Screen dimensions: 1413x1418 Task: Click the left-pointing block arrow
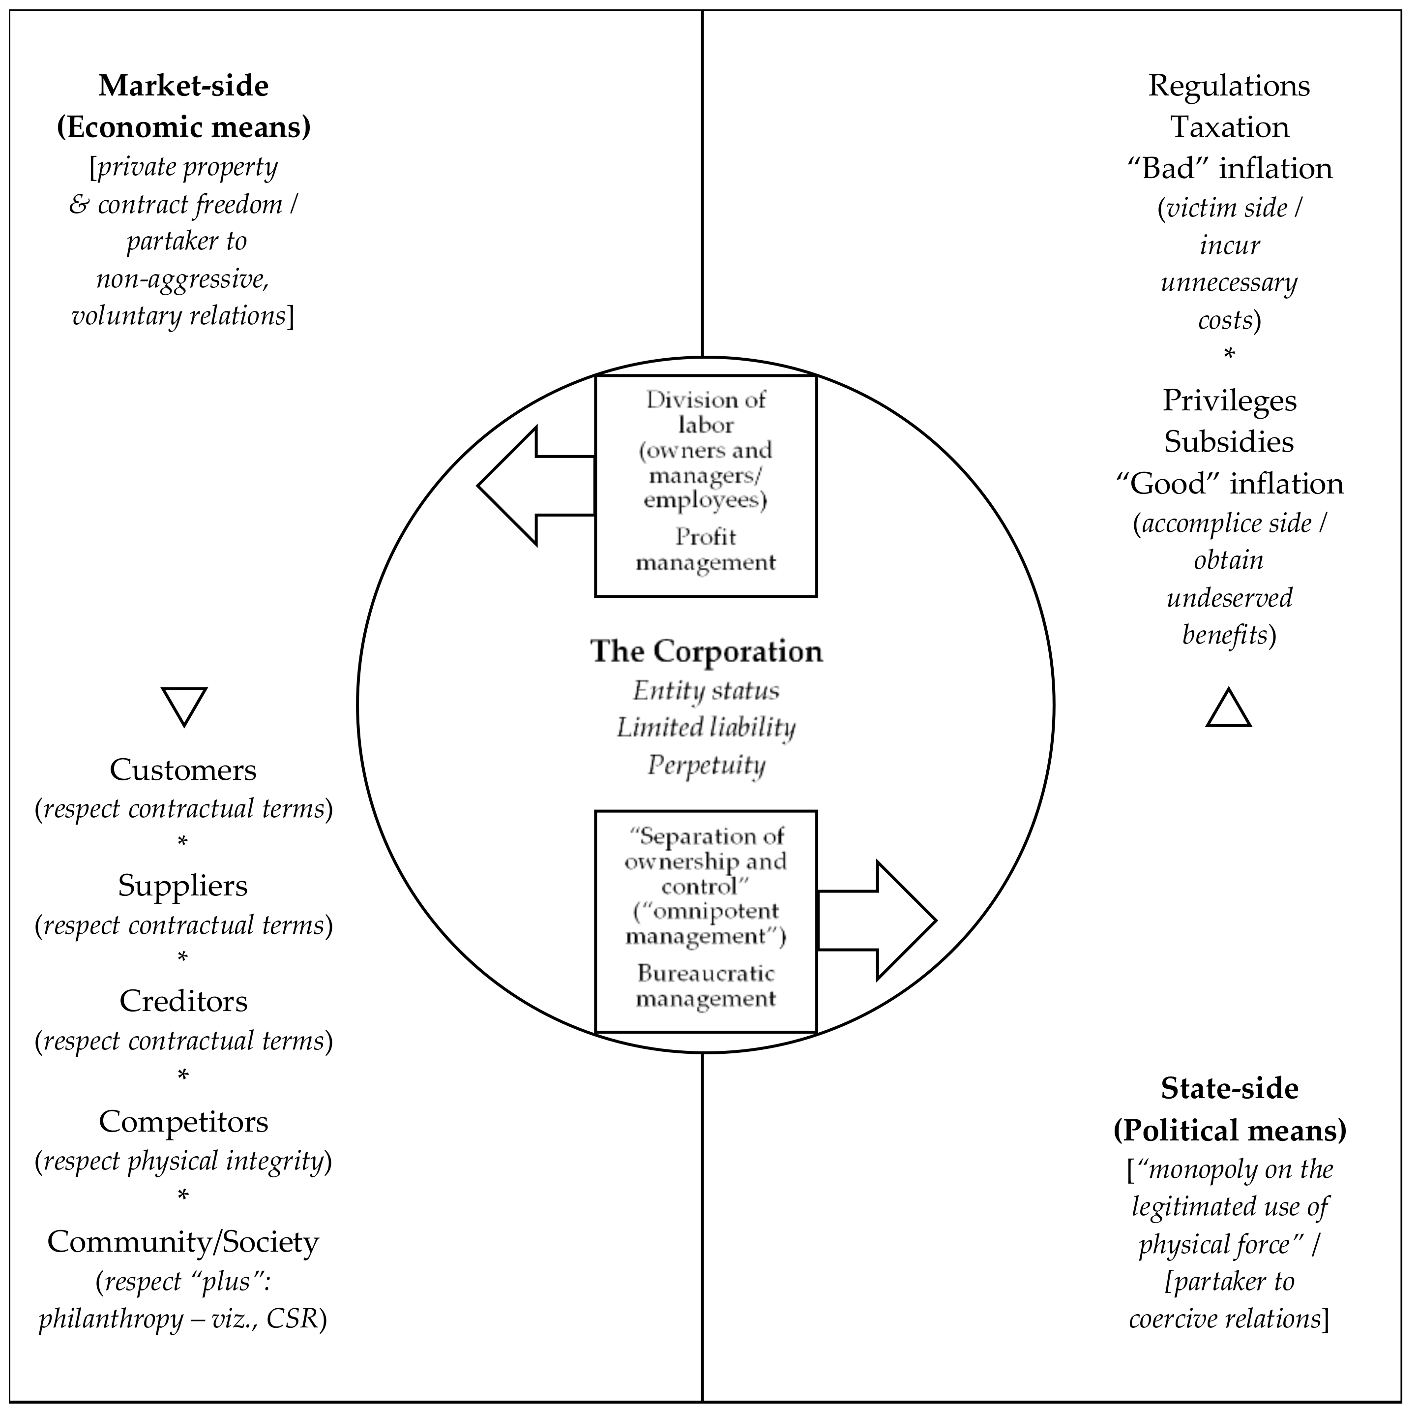(x=529, y=486)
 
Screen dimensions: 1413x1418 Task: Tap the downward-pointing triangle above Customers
(x=183, y=704)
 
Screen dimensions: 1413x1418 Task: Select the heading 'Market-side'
(x=183, y=86)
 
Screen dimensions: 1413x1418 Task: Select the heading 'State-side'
(x=1229, y=1088)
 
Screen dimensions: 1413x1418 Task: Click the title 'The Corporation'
(x=706, y=651)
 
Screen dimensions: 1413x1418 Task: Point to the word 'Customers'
(x=183, y=769)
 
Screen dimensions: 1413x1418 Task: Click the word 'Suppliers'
(x=183, y=885)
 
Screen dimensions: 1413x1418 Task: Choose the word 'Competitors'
(x=183, y=1121)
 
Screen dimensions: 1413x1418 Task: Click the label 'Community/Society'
(x=183, y=1241)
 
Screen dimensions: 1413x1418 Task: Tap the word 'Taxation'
(x=1229, y=127)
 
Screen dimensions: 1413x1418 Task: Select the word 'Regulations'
(x=1229, y=86)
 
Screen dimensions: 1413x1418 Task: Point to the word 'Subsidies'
(x=1229, y=441)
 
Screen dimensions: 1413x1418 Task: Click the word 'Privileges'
(x=1229, y=400)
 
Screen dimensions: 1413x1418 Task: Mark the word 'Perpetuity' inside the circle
(x=706, y=765)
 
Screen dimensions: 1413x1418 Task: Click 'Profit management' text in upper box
(x=706, y=550)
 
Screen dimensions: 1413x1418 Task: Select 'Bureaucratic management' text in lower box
(x=706, y=985)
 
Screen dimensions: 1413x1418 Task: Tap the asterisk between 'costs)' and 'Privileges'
(x=1229, y=355)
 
